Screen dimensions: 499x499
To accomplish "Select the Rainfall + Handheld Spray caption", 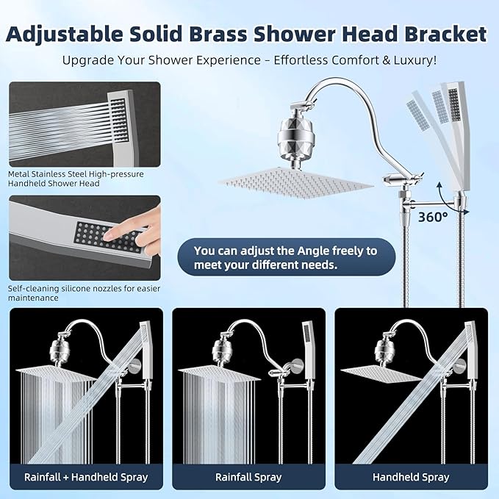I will [x=86, y=477].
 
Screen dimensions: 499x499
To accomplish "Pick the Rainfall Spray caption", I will [x=248, y=477].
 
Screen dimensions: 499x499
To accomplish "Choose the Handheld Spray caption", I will [x=411, y=477].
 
